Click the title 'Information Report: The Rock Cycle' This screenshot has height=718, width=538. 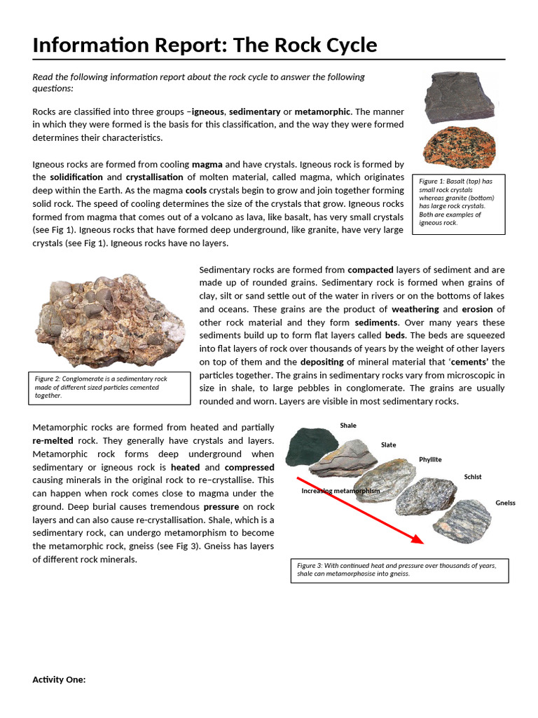[x=205, y=46]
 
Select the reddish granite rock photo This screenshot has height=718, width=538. [x=460, y=148]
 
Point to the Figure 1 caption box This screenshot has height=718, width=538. [x=459, y=204]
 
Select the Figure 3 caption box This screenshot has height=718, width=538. [x=399, y=570]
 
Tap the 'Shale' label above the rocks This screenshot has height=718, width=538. [x=348, y=426]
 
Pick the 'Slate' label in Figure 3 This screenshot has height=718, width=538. [x=388, y=445]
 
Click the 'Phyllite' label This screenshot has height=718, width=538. [x=430, y=460]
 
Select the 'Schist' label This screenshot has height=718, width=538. [x=473, y=477]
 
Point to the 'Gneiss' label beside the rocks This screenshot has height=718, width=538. [x=505, y=503]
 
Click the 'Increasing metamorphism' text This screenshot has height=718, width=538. [x=340, y=491]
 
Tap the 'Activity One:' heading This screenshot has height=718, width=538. [x=59, y=679]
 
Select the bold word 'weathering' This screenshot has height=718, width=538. [x=415, y=309]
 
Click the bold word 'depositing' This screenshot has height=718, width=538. [x=322, y=362]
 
